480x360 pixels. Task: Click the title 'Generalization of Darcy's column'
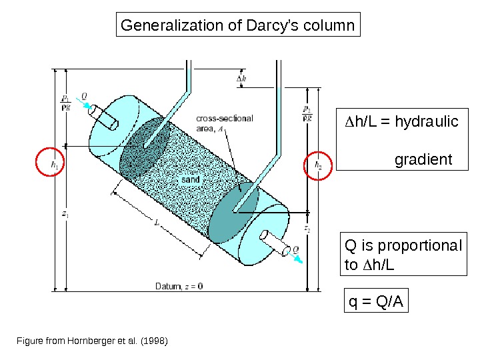pos(237,26)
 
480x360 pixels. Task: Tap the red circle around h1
pos(50,162)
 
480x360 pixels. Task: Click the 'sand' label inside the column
pos(191,179)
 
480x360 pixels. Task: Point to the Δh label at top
pos(241,78)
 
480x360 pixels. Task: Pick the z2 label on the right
pos(307,229)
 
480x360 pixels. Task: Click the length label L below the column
pos(156,225)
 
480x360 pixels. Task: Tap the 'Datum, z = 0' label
pos(179,286)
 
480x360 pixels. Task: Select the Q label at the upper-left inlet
pos(83,95)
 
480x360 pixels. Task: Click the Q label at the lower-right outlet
pos(296,250)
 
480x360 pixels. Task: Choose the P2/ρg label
pos(307,113)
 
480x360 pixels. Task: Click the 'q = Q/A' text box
pos(376,303)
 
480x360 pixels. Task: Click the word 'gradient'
pos(423,160)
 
